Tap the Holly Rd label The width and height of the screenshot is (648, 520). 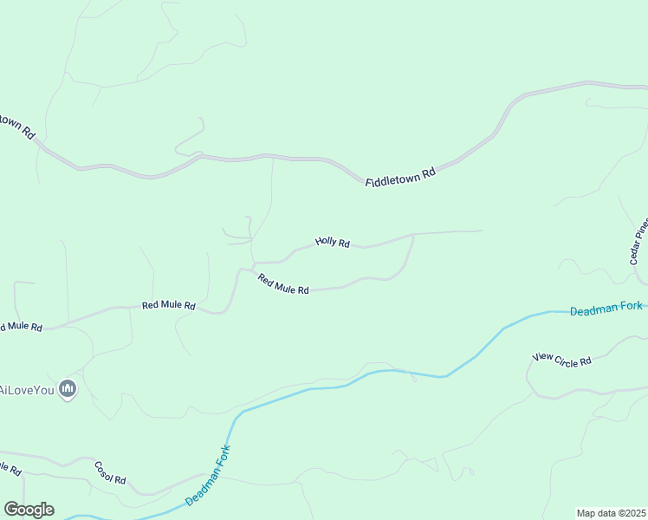332,243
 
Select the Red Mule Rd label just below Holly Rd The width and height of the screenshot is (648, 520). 283,283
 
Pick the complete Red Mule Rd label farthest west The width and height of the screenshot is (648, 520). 169,306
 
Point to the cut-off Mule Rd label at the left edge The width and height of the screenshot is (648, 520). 20,327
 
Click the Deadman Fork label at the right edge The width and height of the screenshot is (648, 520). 606,309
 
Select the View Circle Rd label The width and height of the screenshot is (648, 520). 561,359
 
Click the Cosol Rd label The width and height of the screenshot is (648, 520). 110,473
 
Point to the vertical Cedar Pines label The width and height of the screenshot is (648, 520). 638,240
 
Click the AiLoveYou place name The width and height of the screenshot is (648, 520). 27,389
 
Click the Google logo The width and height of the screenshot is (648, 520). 29,510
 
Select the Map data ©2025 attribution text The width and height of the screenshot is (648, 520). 612,513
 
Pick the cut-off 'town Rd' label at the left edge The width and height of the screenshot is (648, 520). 17,127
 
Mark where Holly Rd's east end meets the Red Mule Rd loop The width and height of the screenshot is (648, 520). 412,235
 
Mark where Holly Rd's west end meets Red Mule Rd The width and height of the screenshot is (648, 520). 253,262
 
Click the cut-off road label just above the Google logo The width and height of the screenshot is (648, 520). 10,469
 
